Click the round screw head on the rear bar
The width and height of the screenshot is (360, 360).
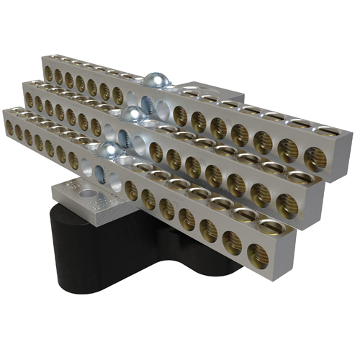pos(153,80)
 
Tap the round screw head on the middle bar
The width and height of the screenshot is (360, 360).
pos(132,113)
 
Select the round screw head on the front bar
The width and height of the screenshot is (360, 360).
pos(108,149)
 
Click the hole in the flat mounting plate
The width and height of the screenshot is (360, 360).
pos(86,193)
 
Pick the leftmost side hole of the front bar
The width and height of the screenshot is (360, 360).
pos(9,127)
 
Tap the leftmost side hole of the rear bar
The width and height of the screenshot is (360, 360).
pos(48,72)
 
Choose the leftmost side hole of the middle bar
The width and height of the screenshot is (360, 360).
pos(29,98)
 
